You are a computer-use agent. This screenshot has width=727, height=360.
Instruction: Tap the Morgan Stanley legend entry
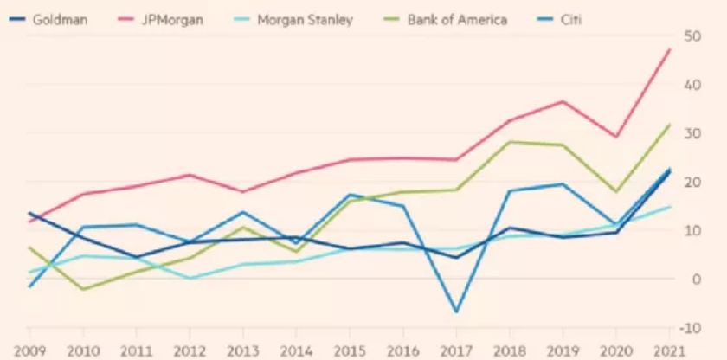point(305,19)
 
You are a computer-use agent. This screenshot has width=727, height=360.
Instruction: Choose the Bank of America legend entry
point(457,19)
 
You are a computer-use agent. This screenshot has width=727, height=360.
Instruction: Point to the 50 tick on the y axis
point(692,35)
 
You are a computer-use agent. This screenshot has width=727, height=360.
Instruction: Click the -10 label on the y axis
point(692,328)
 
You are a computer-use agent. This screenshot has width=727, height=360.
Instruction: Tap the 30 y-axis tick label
point(692,133)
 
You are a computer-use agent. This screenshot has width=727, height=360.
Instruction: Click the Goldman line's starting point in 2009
point(29,213)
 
